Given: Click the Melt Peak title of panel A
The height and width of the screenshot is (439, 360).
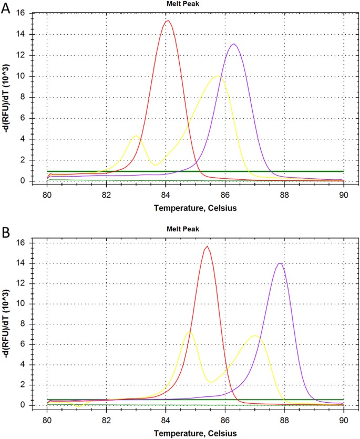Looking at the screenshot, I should [x=196, y=5].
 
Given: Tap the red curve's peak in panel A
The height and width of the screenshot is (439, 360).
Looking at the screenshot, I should [x=168, y=21].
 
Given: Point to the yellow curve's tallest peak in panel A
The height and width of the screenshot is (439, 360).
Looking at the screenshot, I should [x=217, y=76].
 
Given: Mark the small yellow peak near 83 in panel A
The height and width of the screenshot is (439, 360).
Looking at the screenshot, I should [x=137, y=136].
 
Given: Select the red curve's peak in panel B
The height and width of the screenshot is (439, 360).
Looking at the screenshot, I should [x=208, y=246].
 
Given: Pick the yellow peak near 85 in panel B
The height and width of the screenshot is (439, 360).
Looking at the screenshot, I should [x=189, y=332].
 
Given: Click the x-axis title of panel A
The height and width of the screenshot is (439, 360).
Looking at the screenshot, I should [x=196, y=208].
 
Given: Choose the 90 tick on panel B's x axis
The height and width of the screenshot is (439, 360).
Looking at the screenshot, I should [x=344, y=416].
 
